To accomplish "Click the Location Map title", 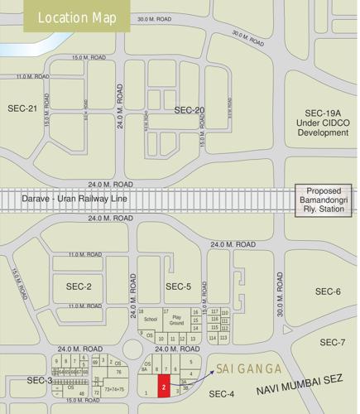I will [71, 17].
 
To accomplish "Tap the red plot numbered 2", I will [166, 386].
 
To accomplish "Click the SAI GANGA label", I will [247, 368].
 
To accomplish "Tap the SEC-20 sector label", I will [189, 110].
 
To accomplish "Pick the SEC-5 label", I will [178, 286].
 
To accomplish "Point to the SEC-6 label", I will [328, 291].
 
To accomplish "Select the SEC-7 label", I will [332, 342].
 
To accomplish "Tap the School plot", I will [150, 319].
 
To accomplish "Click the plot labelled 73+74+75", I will [114, 388].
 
